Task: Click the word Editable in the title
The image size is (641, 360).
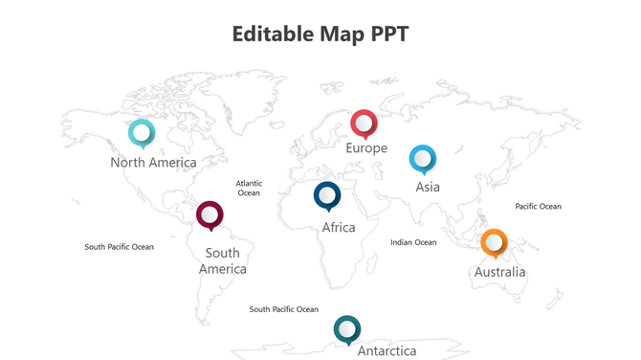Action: coord(277,34)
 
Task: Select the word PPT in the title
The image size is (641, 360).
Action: coord(390,34)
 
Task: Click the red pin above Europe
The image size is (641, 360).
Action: coord(364,123)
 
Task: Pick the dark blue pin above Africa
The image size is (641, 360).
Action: coord(327,195)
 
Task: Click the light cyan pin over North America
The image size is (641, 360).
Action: coord(142,132)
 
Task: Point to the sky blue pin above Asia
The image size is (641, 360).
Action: coord(422,158)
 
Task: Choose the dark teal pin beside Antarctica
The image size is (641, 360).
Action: coord(347,328)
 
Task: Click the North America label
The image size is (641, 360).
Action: coord(153,163)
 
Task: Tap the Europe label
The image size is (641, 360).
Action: coord(366,148)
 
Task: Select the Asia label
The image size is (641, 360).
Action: coord(428,187)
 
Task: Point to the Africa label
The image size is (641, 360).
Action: coord(339,228)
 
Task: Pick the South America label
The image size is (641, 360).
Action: coord(223,261)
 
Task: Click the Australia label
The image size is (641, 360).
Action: coord(499,272)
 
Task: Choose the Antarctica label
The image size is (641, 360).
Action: coord(387,351)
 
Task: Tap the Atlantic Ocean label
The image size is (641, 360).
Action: coord(249,188)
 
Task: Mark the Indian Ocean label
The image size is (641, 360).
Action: coord(413,242)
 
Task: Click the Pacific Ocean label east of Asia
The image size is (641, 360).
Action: coord(538,206)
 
